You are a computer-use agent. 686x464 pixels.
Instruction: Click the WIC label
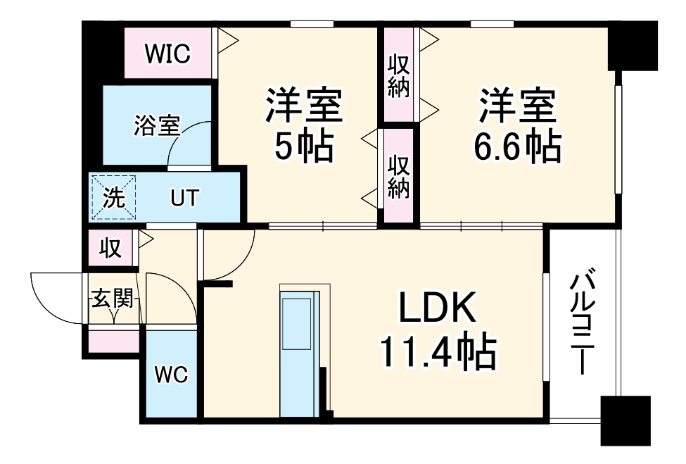167,54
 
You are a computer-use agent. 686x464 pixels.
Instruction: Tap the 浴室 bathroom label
157,125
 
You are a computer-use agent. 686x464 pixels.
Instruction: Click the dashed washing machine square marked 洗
113,198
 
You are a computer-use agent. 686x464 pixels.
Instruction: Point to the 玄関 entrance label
112,299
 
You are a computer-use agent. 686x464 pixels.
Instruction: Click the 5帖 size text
303,146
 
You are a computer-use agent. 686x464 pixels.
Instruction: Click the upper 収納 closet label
399,76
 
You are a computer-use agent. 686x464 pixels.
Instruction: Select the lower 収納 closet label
399,176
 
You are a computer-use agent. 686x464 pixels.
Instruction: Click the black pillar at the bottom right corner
625,421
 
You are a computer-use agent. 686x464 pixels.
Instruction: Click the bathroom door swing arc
186,144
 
